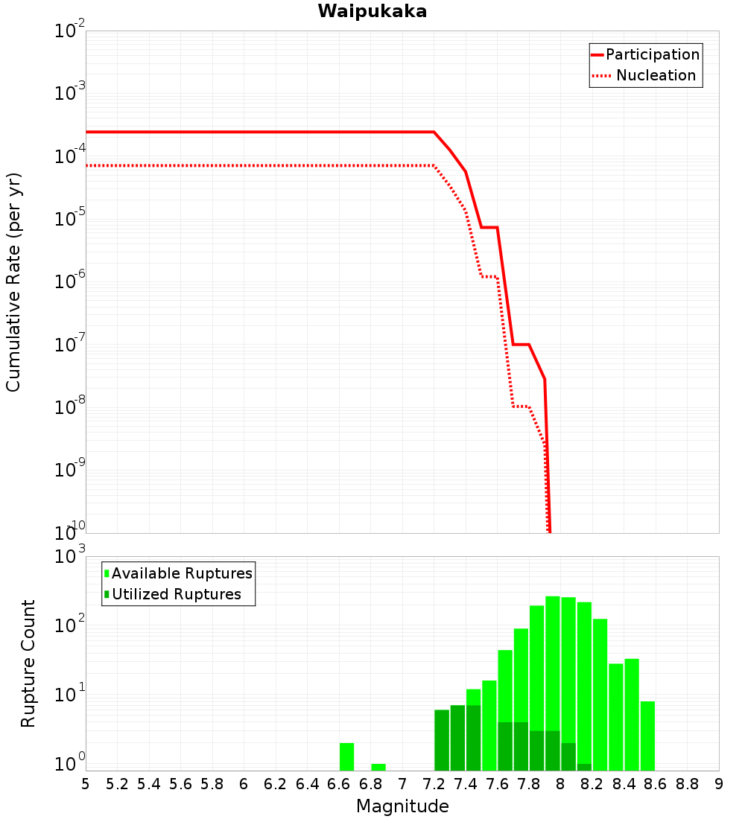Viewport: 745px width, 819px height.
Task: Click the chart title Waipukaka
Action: tap(372, 12)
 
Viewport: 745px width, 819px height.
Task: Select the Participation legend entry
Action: tap(652, 55)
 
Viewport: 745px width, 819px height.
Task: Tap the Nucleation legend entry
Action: tap(656, 76)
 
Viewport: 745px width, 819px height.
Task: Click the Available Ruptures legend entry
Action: tap(182, 574)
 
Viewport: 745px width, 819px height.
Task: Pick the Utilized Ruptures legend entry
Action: tap(176, 595)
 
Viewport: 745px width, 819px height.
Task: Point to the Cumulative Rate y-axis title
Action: tap(13, 282)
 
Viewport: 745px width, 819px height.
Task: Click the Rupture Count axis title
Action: tap(28, 663)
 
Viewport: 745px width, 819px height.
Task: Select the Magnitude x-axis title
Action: tap(402, 806)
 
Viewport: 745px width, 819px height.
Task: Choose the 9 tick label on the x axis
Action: tap(719, 784)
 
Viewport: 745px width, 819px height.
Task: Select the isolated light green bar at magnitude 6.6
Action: tap(346, 756)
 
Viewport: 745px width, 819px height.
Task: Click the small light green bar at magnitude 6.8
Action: tap(378, 767)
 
